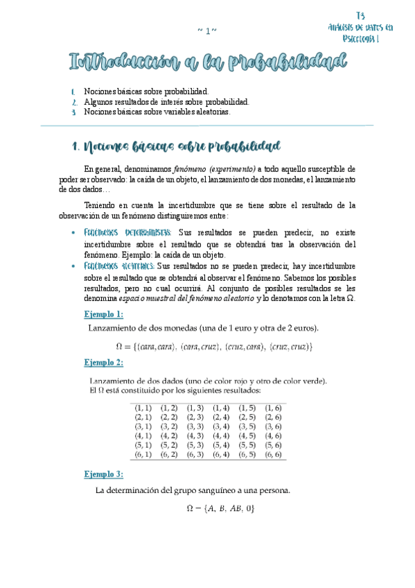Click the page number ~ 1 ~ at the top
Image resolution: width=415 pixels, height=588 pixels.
point(207,30)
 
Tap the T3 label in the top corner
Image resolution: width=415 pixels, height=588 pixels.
point(360,15)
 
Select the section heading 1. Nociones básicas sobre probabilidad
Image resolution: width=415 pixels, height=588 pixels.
point(176,146)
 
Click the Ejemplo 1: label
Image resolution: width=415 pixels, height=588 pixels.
point(103,295)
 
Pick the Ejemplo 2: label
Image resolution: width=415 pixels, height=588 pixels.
point(103,363)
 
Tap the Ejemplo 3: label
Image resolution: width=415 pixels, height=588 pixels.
point(103,474)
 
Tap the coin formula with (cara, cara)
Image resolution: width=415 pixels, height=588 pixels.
point(214,346)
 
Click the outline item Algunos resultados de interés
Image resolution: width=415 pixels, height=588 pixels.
point(166,101)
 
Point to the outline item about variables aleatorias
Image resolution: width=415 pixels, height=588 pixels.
point(157,111)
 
